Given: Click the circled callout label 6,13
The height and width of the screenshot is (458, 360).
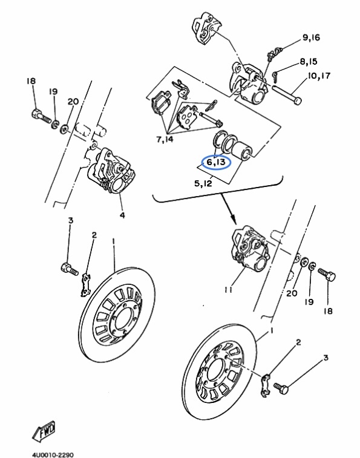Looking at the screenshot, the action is point(217,162).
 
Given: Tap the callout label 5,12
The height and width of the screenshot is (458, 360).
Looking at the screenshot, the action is point(203,183).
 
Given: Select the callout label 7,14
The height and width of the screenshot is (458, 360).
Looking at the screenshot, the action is point(165,139).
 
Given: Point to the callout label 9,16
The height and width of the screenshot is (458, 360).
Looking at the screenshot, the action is point(311,38).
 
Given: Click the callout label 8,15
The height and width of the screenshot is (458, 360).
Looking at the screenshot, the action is point(309,62).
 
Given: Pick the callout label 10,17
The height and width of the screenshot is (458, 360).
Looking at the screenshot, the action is point(319,76).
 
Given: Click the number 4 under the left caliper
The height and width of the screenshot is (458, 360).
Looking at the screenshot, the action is point(122,215).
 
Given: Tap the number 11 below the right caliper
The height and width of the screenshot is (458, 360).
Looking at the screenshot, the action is point(229,289).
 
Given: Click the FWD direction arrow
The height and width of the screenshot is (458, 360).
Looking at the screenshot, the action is point(44,431).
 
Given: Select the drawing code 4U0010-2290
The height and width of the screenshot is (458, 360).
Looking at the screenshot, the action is point(53,454).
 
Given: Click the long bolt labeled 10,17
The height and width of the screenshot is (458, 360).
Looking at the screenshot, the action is point(287,94).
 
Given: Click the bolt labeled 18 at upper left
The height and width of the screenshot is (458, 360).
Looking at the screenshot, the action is point(41,116).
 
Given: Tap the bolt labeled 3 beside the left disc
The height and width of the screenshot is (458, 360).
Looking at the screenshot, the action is point(70,269).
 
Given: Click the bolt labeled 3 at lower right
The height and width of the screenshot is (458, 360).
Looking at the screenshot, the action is point(281,388).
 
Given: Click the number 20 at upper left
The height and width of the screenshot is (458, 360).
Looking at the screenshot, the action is point(73,102).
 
